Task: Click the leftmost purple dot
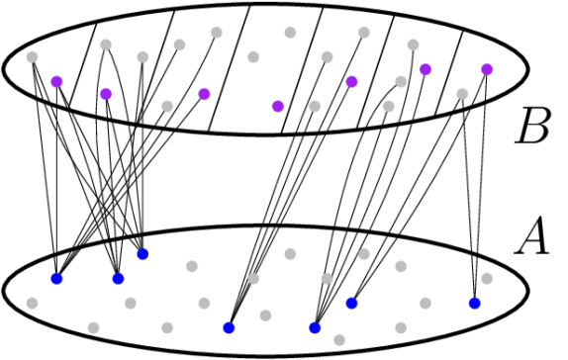[x=56, y=81]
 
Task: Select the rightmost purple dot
[x=487, y=69]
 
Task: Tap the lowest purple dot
[x=278, y=106]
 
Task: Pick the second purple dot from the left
[x=106, y=94]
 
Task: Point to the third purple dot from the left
[x=204, y=94]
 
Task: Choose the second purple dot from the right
[x=426, y=69]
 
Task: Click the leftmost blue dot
[x=56, y=278]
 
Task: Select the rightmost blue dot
[x=475, y=303]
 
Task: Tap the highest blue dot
[x=142, y=254]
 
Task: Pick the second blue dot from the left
[x=118, y=278]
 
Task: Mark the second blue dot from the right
[x=351, y=303]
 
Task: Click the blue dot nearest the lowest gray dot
[x=315, y=327]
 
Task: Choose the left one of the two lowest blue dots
[x=229, y=327]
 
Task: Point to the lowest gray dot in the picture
[x=339, y=339]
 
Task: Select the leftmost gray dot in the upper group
[x=32, y=56]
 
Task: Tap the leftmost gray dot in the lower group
[x=32, y=303]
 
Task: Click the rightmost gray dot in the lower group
[x=487, y=278]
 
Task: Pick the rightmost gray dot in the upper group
[x=462, y=94]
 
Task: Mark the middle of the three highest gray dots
[x=290, y=33]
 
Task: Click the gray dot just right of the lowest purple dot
[x=315, y=106]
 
